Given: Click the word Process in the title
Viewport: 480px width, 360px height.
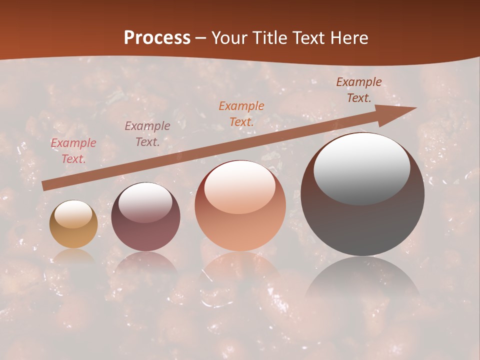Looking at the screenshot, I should click(157, 38).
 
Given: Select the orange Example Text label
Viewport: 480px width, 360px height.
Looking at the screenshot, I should click(241, 113).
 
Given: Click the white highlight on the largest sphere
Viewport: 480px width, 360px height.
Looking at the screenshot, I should click(361, 167).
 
